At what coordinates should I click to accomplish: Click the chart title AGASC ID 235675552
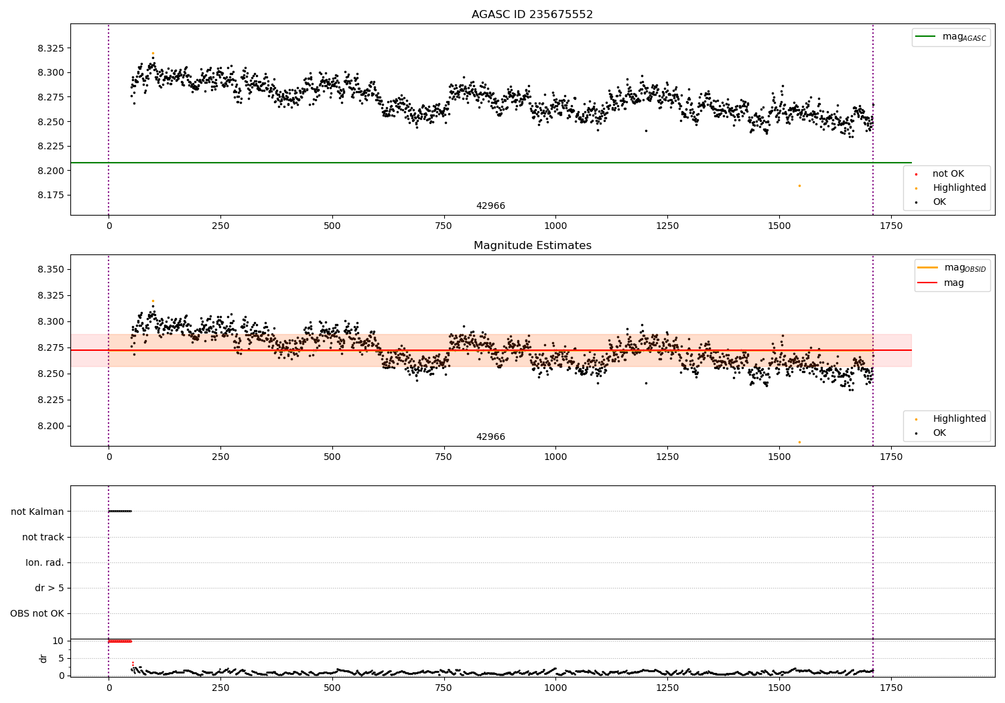(x=532, y=15)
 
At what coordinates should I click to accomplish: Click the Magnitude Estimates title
(x=532, y=246)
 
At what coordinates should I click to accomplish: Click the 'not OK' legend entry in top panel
(x=947, y=174)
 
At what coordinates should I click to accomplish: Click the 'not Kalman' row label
(x=38, y=512)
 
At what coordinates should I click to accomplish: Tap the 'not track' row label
(x=43, y=537)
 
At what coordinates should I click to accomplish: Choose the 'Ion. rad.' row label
(x=45, y=562)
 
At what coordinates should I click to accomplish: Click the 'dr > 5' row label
(x=50, y=588)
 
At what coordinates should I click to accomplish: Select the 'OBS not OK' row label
(x=38, y=613)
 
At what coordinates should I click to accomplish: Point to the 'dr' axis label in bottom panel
(x=44, y=658)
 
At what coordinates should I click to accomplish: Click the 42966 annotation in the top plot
(x=490, y=206)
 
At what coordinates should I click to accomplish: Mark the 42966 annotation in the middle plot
(x=490, y=437)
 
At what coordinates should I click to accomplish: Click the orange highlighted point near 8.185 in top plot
(x=799, y=185)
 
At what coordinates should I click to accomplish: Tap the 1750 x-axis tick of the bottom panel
(x=890, y=688)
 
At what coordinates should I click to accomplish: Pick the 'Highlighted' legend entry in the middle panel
(x=959, y=419)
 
